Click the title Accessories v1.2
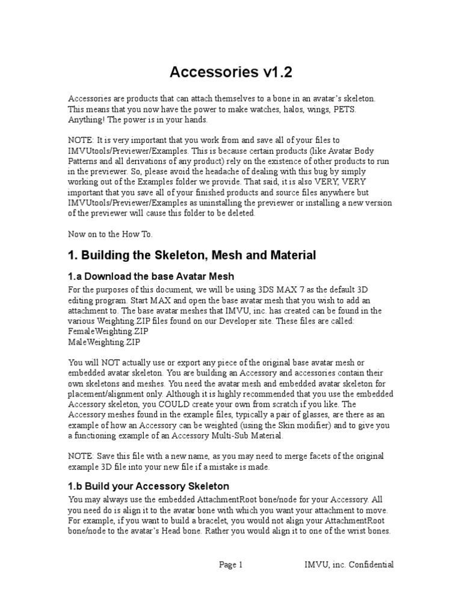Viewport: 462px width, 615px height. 231,72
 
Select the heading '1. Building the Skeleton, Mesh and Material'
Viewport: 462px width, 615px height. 192,255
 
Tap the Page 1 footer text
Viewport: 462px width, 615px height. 231,565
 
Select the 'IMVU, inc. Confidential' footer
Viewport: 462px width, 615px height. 349,565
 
